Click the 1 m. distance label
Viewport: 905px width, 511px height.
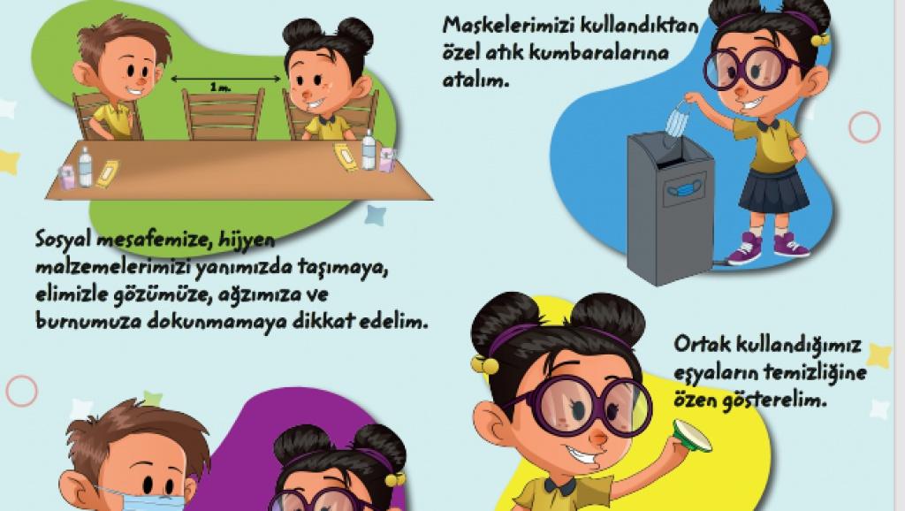pyautogui.click(x=220, y=88)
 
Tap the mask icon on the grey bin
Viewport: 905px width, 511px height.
pyautogui.click(x=684, y=190)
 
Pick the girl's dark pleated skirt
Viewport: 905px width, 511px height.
pyautogui.click(x=774, y=190)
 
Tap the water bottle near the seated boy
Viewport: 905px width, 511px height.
pyautogui.click(x=86, y=167)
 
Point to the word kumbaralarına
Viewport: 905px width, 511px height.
pyautogui.click(x=599, y=54)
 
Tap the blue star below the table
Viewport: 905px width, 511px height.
pyautogui.click(x=376, y=215)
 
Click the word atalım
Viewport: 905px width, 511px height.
pyautogui.click(x=476, y=80)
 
